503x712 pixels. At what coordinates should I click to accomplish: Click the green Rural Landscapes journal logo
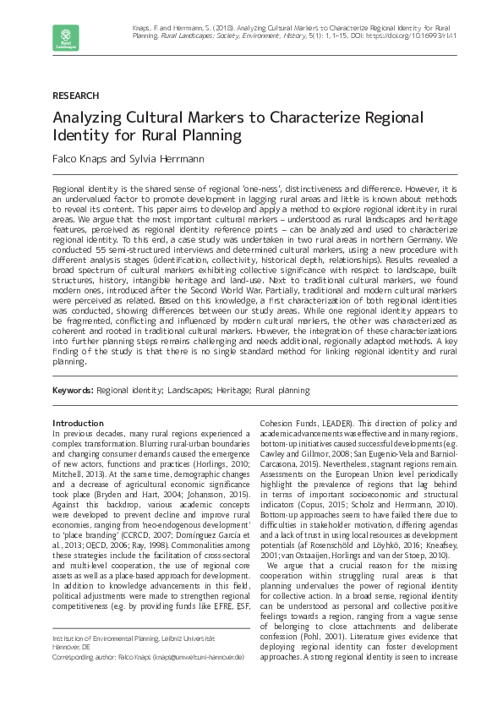[x=65, y=38]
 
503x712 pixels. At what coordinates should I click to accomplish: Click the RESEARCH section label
[x=75, y=96]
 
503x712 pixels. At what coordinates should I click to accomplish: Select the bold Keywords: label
[x=73, y=391]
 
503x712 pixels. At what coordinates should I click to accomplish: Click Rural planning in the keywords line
[x=282, y=391]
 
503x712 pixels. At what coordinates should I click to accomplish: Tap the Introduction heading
[x=78, y=423]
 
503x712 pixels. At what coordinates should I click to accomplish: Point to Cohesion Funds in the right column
[x=287, y=423]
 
